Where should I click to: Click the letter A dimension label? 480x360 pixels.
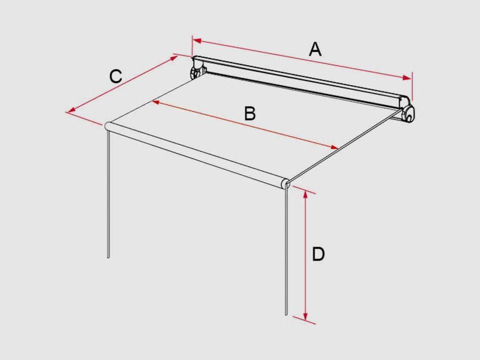(x=315, y=49)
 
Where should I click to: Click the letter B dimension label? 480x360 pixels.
(x=250, y=113)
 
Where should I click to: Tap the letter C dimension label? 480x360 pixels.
(x=116, y=76)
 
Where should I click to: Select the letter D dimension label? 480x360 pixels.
(x=318, y=254)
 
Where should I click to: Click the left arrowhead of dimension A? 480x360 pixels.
(x=197, y=41)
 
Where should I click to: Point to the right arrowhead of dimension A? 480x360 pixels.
(x=407, y=78)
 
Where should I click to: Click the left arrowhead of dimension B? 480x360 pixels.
(x=156, y=102)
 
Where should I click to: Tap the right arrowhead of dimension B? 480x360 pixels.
(x=334, y=148)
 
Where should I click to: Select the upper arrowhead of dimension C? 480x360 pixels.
(x=175, y=58)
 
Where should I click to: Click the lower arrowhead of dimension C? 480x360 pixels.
(x=72, y=110)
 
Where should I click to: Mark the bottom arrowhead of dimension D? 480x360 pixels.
(x=305, y=316)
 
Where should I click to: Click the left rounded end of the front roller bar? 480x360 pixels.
(x=108, y=126)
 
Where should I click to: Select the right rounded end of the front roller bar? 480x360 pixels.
(x=285, y=183)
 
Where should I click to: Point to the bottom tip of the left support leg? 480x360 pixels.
(x=108, y=258)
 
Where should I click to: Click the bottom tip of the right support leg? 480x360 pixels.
(x=286, y=314)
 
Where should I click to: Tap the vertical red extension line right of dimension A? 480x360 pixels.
(x=412, y=86)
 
